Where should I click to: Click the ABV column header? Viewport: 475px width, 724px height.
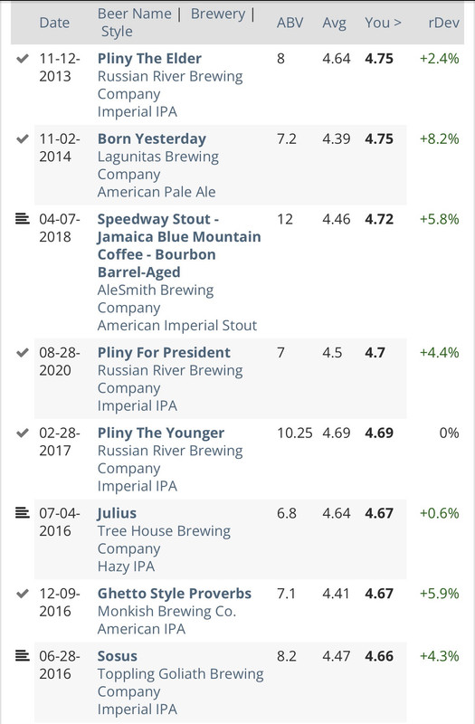click(x=290, y=23)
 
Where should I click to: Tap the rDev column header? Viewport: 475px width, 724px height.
click(x=443, y=23)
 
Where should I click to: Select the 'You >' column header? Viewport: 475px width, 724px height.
click(x=383, y=23)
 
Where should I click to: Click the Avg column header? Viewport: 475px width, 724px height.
click(x=334, y=24)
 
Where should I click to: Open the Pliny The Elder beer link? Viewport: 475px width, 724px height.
click(x=149, y=59)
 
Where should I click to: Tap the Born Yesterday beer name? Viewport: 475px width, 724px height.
click(x=151, y=139)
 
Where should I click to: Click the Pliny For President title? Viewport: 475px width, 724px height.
click(x=164, y=353)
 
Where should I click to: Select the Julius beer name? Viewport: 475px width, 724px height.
click(x=117, y=513)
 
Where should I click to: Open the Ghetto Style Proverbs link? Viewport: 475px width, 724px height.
click(x=174, y=594)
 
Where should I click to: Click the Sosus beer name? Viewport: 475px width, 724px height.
click(x=118, y=656)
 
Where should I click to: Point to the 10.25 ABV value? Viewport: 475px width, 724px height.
click(x=295, y=433)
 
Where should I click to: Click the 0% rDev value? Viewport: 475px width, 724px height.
click(x=449, y=433)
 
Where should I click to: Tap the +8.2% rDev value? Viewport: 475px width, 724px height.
click(x=439, y=139)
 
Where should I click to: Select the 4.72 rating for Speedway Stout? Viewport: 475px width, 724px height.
click(x=379, y=219)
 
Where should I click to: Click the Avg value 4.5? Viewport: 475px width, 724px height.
click(x=332, y=353)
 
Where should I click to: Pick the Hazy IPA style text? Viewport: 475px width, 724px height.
click(x=126, y=567)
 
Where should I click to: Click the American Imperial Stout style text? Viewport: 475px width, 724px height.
click(x=176, y=326)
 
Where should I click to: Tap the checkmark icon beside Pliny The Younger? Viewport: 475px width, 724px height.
click(x=22, y=433)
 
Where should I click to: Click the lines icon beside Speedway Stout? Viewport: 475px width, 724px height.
click(x=22, y=218)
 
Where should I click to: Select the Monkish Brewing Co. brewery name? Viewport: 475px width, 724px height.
click(x=166, y=612)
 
